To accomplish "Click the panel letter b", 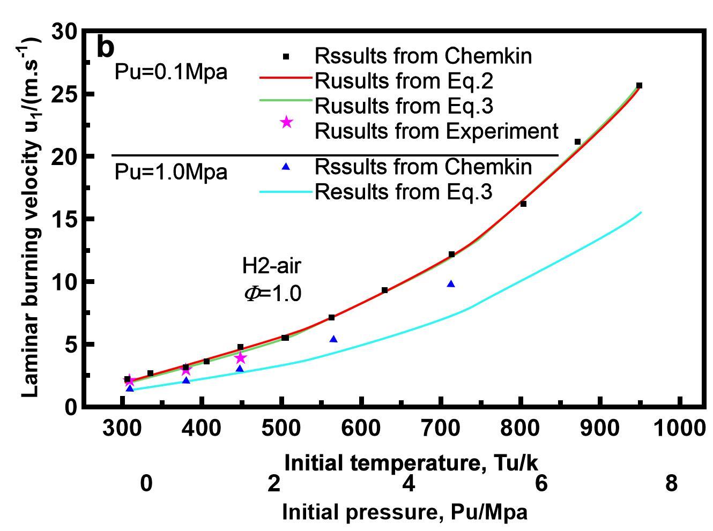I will pyautogui.click(x=106, y=48).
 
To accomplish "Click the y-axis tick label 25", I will pyautogui.click(x=65, y=94).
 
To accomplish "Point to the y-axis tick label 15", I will pyautogui.click(x=65, y=219).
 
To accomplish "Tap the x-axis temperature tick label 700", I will pyautogui.click(x=440, y=428).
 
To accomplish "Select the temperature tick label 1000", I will pyautogui.click(x=679, y=428).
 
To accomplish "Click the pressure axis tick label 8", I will pyautogui.click(x=671, y=483).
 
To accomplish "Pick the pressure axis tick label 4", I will pyautogui.click(x=409, y=483).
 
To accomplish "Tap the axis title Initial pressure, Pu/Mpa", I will pyautogui.click(x=405, y=512).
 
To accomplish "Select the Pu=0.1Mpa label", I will pyautogui.click(x=171, y=72).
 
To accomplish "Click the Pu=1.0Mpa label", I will pyautogui.click(x=171, y=172).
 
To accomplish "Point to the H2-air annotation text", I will pyautogui.click(x=272, y=266).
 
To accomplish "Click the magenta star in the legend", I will pyautogui.click(x=287, y=122).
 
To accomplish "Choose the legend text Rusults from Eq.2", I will pyautogui.click(x=404, y=81).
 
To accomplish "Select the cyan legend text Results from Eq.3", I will pyautogui.click(x=403, y=192).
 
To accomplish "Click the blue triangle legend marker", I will pyautogui.click(x=286, y=167).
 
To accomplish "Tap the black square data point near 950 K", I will pyautogui.click(x=639, y=86).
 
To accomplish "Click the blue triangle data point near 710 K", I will pyautogui.click(x=451, y=284).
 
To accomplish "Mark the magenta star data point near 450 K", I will pyautogui.click(x=241, y=358).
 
